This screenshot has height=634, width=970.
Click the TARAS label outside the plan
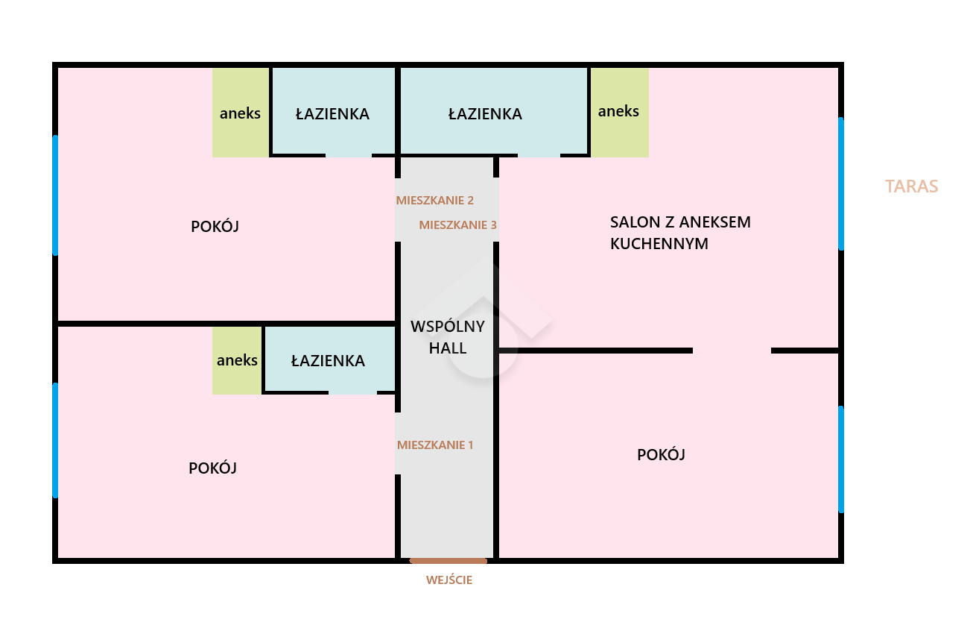pyautogui.click(x=911, y=186)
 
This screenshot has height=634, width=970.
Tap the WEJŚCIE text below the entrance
pyautogui.click(x=449, y=580)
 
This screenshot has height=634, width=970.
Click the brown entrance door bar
pyautogui.click(x=448, y=560)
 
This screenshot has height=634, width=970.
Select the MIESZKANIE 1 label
pyautogui.click(x=435, y=445)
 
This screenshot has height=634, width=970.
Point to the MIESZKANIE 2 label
pyautogui.click(x=435, y=201)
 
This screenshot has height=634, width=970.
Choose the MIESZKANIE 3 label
pyautogui.click(x=457, y=225)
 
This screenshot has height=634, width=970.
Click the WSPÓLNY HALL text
pyautogui.click(x=448, y=337)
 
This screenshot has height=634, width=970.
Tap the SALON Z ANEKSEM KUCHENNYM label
pyautogui.click(x=679, y=233)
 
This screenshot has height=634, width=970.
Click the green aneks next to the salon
pyautogui.click(x=619, y=112)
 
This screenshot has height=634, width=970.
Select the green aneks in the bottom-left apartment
pyautogui.click(x=237, y=361)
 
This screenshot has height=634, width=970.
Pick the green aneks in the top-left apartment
pyautogui.click(x=240, y=113)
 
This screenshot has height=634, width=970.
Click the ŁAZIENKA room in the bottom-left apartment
pyautogui.click(x=328, y=361)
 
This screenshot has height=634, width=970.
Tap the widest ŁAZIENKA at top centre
pyautogui.click(x=485, y=114)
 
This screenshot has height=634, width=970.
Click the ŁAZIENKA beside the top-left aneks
pyautogui.click(x=332, y=114)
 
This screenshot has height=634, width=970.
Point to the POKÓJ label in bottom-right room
pyautogui.click(x=661, y=455)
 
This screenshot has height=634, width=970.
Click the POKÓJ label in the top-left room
pyautogui.click(x=215, y=227)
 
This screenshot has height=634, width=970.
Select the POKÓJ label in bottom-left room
pyautogui.click(x=212, y=468)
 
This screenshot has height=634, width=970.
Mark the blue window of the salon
pyautogui.click(x=841, y=183)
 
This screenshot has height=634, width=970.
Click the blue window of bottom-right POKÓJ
pyautogui.click(x=841, y=459)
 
